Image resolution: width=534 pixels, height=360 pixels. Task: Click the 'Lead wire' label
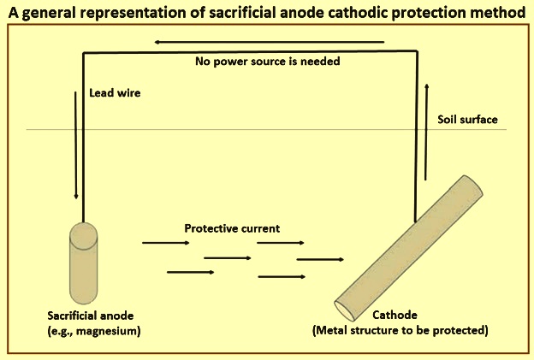pyautogui.click(x=115, y=93)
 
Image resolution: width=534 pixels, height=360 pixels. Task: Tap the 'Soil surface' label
pyautogui.click(x=467, y=120)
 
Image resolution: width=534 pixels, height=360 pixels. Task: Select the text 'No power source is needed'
pyautogui.click(x=268, y=62)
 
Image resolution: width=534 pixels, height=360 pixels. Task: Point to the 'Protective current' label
pyautogui.click(x=232, y=228)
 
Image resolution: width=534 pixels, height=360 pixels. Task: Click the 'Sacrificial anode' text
pyautogui.click(x=91, y=316)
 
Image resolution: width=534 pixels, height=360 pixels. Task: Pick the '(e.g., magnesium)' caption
pyautogui.click(x=94, y=331)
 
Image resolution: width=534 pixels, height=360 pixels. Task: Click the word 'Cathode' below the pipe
pyautogui.click(x=395, y=315)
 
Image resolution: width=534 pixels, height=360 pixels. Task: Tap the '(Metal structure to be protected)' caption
pyautogui.click(x=400, y=330)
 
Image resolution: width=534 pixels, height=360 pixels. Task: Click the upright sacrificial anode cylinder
pyautogui.click(x=84, y=263)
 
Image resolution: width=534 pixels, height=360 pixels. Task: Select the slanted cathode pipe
pyautogui.click(x=409, y=248)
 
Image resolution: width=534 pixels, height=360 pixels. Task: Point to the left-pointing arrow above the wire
pyautogui.click(x=269, y=42)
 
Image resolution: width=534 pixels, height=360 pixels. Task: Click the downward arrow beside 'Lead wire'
pyautogui.click(x=76, y=145)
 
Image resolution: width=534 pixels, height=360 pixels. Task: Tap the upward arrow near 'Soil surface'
pyautogui.click(x=426, y=132)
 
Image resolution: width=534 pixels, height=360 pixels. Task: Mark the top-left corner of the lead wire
pyautogui.click(x=84, y=53)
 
